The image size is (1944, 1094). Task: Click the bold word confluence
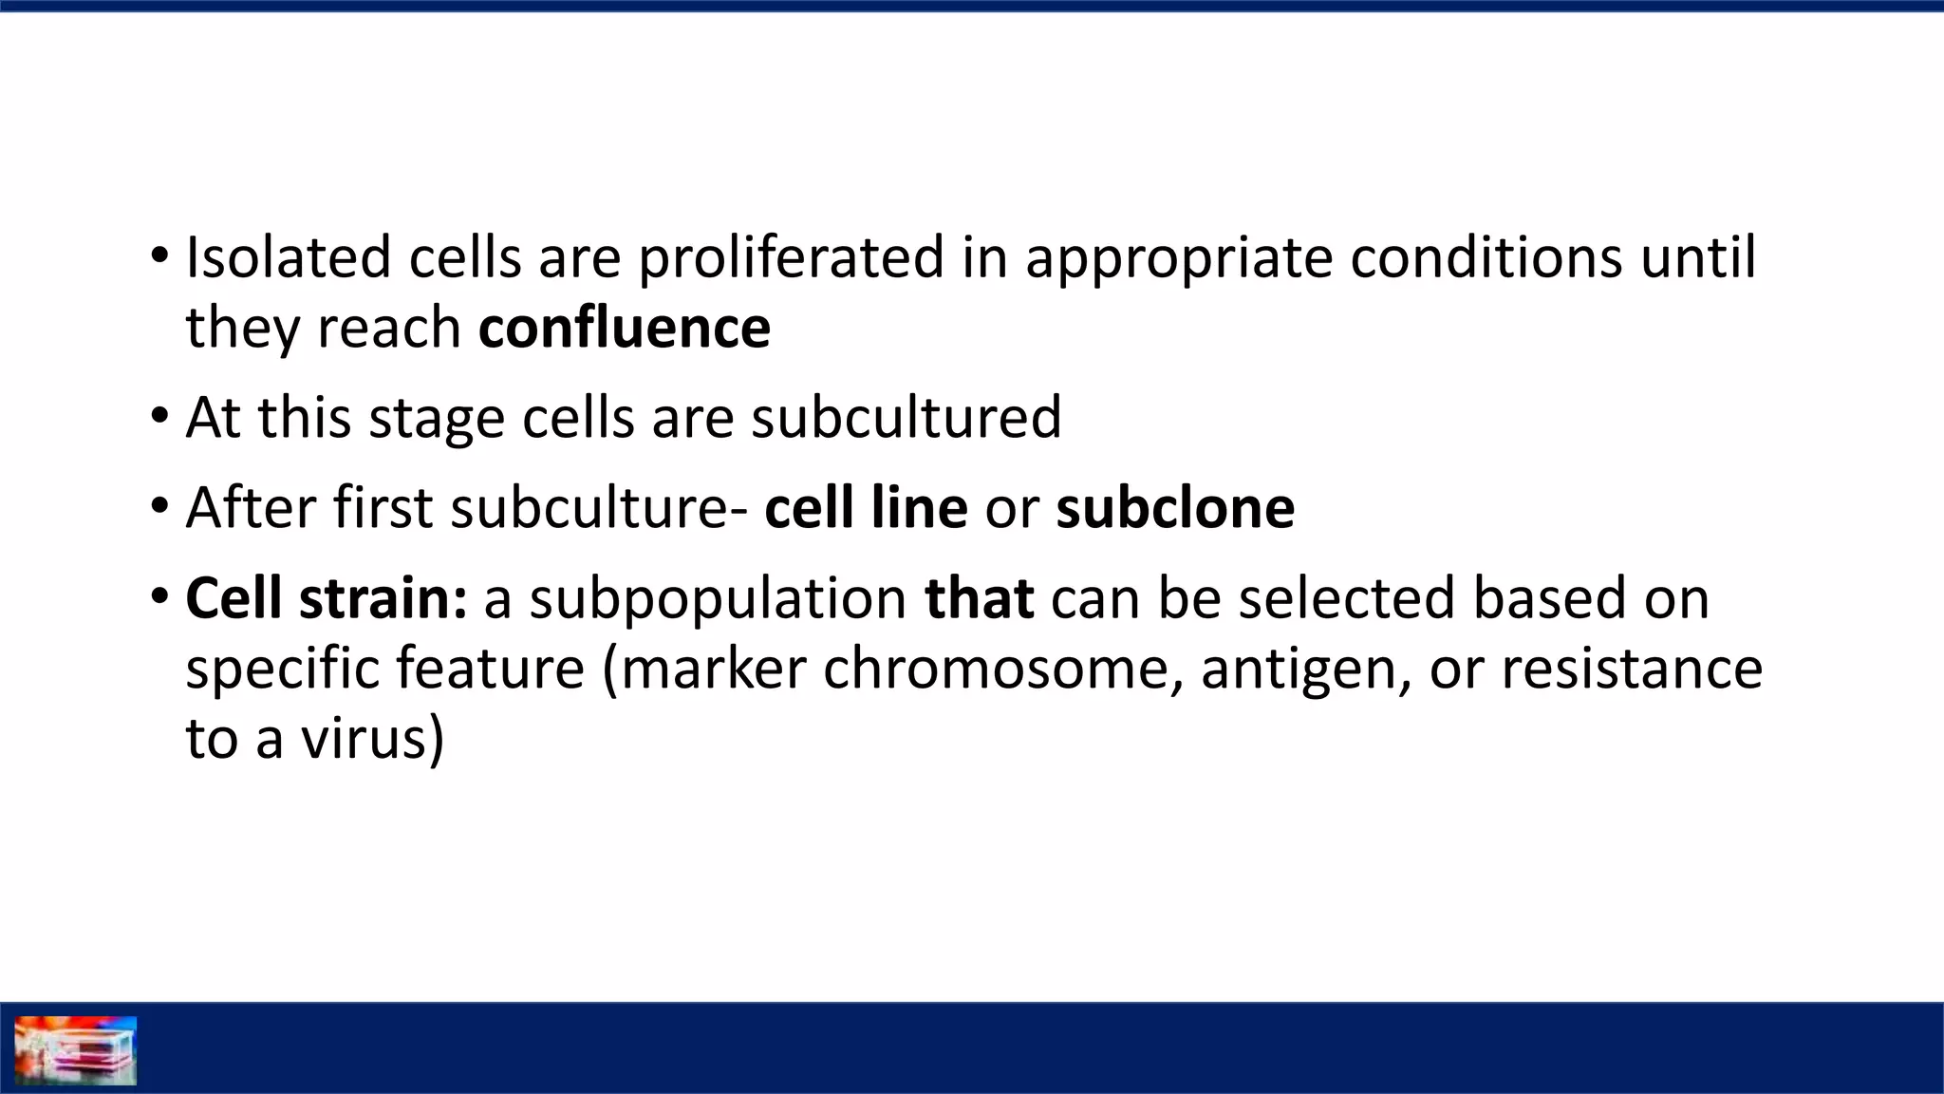pyautogui.click(x=624, y=328)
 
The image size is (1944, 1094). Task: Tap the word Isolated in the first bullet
pyautogui.click(x=288, y=257)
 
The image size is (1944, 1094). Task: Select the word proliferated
pyautogui.click(x=791, y=257)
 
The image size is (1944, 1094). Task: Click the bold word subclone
pyautogui.click(x=1175, y=507)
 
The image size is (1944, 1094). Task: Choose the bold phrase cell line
pyautogui.click(x=866, y=507)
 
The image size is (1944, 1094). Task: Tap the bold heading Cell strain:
pyautogui.click(x=326, y=598)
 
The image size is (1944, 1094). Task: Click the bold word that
pyautogui.click(x=979, y=598)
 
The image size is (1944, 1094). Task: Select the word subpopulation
pyautogui.click(x=718, y=600)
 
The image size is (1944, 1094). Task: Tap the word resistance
pyautogui.click(x=1632, y=669)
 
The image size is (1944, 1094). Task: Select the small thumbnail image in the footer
pyautogui.click(x=76, y=1049)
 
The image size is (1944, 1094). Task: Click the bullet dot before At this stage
pyautogui.click(x=159, y=416)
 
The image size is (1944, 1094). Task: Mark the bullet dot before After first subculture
pyautogui.click(x=159, y=506)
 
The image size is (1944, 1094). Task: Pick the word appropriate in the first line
pyautogui.click(x=1179, y=259)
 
